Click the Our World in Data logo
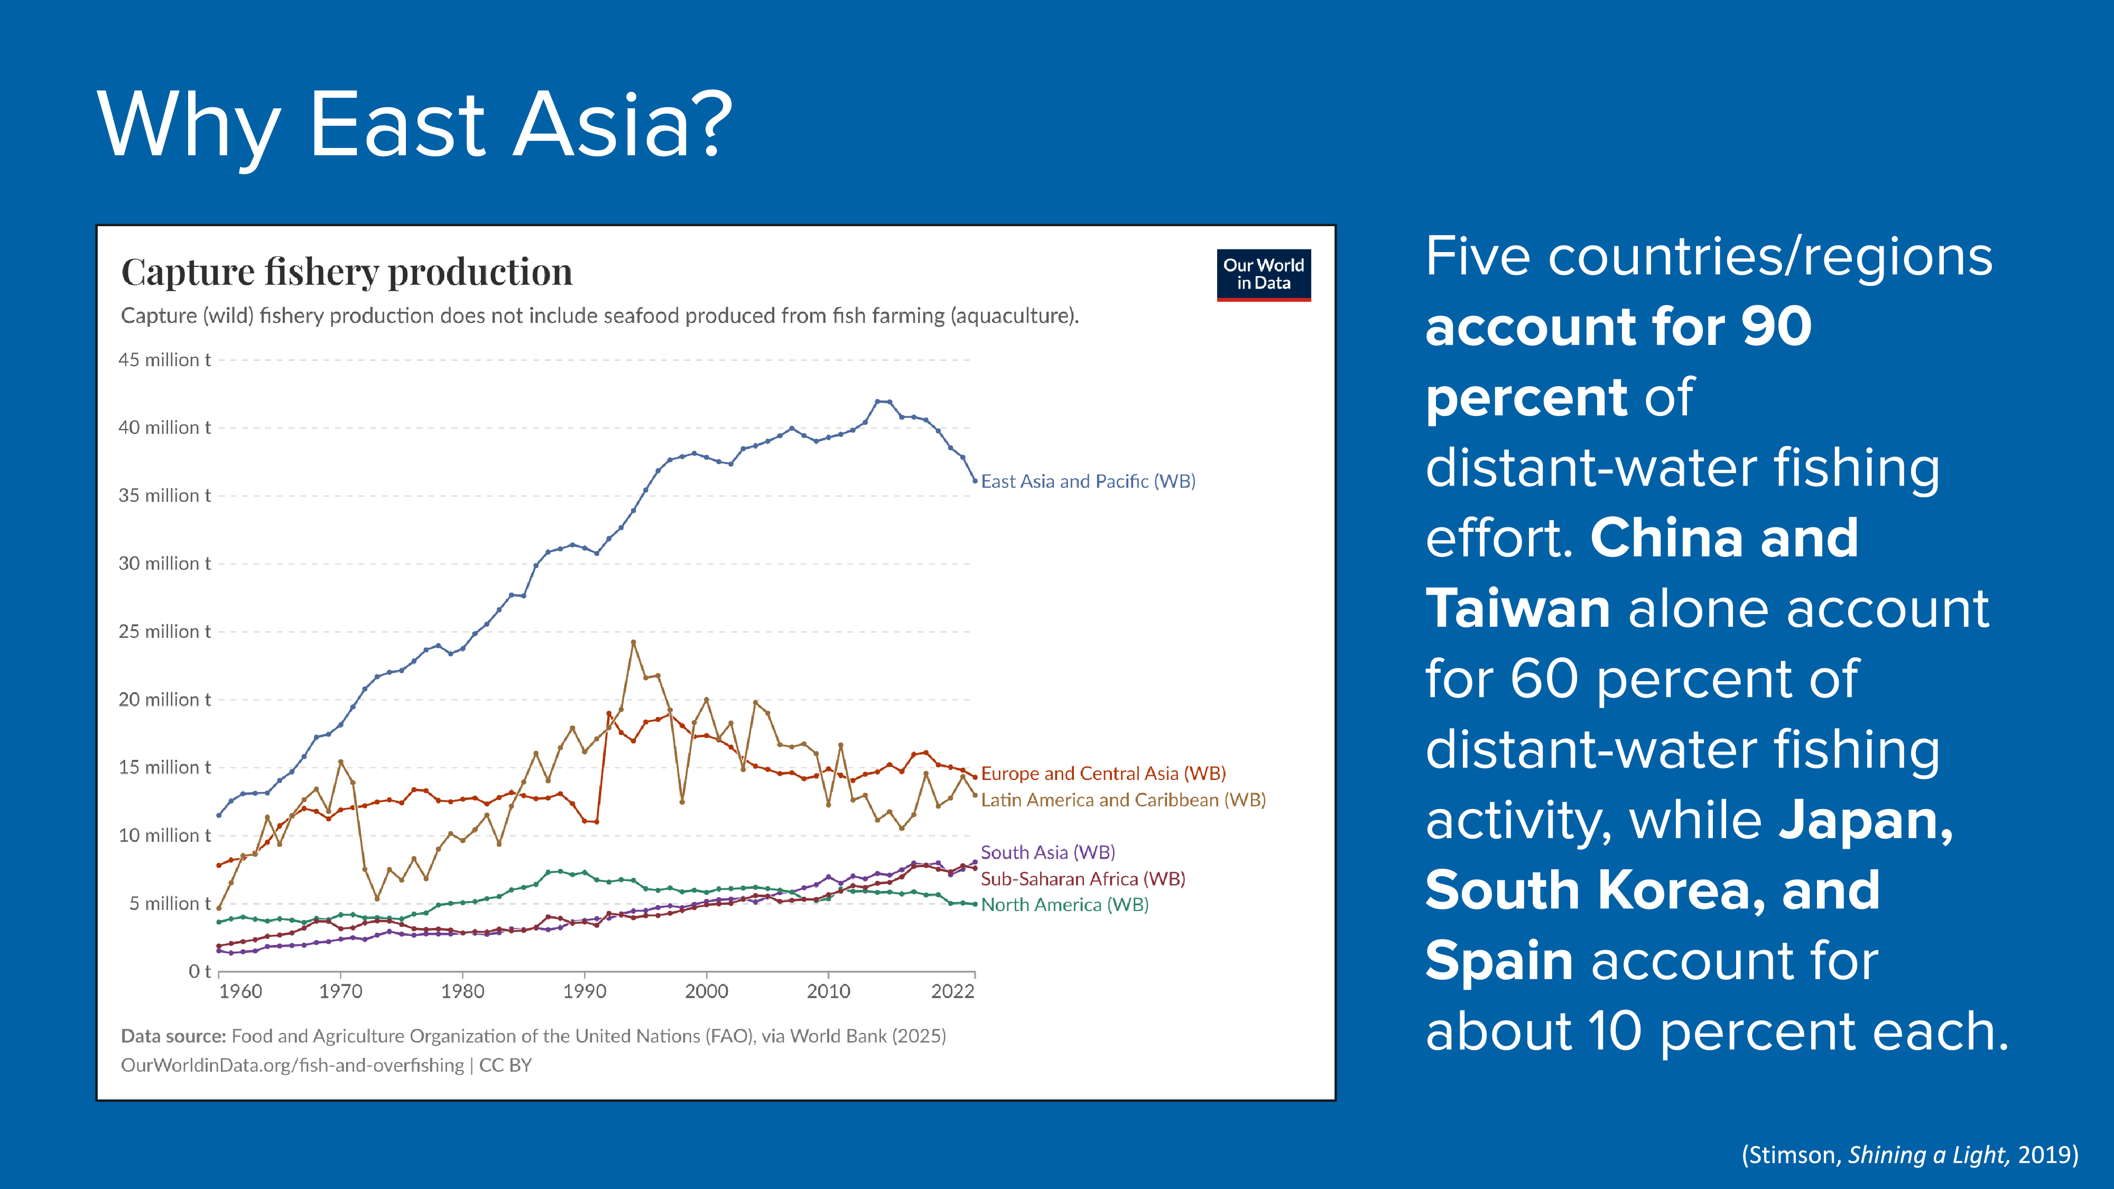pyautogui.click(x=1263, y=275)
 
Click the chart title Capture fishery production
pyautogui.click(x=346, y=272)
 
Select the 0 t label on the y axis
pyautogui.click(x=199, y=972)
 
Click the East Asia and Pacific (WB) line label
pyautogui.click(x=1087, y=481)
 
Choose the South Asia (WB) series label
pyautogui.click(x=1047, y=852)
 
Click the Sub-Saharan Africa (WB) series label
pyautogui.click(x=1082, y=879)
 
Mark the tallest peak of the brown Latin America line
pyautogui.click(x=633, y=643)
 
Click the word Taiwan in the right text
pyautogui.click(x=1517, y=608)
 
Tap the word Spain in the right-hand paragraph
pyautogui.click(x=1498, y=960)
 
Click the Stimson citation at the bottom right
pyautogui.click(x=1909, y=1155)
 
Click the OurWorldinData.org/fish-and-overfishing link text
pyautogui.click(x=292, y=1065)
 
